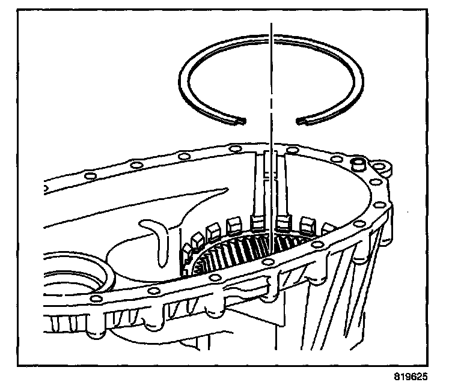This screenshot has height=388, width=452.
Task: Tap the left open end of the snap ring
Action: click(x=239, y=122)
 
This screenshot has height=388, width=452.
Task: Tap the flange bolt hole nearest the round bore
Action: click(x=93, y=299)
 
